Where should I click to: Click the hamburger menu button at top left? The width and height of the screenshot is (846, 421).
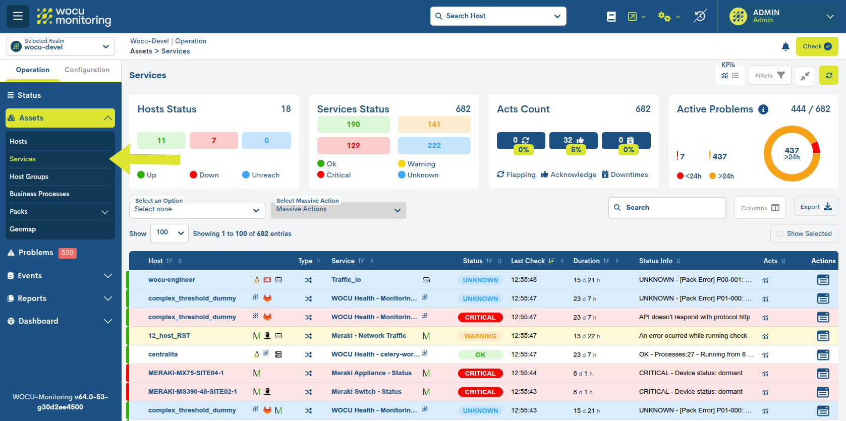[18, 16]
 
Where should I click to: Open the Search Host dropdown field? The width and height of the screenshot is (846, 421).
[498, 16]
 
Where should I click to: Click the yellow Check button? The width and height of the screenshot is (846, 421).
[817, 46]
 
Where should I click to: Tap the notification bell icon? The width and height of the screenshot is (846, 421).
[785, 47]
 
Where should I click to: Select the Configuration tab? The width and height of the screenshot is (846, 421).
[87, 70]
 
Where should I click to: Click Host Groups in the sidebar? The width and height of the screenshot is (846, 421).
[29, 176]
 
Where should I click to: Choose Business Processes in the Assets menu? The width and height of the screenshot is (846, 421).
[39, 194]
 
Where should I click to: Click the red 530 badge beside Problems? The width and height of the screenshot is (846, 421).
[68, 253]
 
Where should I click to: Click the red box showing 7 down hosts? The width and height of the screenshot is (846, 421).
[213, 141]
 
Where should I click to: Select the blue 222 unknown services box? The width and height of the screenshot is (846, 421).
[434, 146]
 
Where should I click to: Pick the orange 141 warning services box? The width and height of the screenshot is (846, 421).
[434, 125]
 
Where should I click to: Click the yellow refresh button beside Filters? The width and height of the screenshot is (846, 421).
[828, 76]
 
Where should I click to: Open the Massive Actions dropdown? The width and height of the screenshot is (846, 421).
[338, 210]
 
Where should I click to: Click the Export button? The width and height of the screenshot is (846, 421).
[815, 207]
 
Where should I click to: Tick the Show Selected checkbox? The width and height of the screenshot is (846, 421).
[780, 234]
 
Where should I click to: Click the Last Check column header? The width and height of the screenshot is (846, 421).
[528, 261]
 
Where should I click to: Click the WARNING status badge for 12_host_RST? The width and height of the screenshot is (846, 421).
[480, 336]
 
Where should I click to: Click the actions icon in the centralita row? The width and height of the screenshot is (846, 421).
[823, 355]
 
